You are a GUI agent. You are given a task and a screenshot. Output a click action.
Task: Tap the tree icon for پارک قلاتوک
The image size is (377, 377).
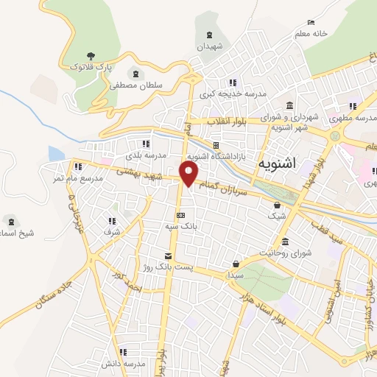(91, 55)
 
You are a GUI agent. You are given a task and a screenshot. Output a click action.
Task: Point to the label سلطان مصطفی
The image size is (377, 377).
(135, 85)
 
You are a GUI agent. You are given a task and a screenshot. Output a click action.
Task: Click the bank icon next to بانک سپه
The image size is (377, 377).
(180, 215)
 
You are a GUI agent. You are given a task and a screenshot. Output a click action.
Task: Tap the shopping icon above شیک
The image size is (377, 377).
(277, 205)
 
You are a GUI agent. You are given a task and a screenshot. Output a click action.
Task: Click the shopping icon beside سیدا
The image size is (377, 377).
(236, 263)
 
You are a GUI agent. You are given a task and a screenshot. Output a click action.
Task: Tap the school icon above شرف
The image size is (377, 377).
(112, 220)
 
